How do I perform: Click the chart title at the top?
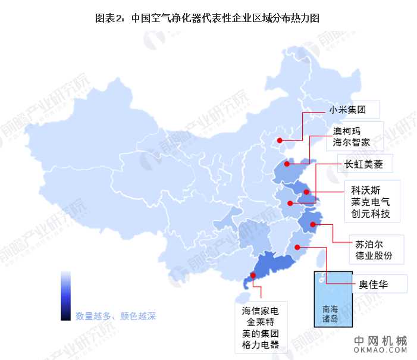208,18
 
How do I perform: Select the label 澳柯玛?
347,130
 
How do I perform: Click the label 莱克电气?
371,202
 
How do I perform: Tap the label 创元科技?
371,214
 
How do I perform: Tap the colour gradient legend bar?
66,296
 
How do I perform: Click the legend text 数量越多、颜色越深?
115,316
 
